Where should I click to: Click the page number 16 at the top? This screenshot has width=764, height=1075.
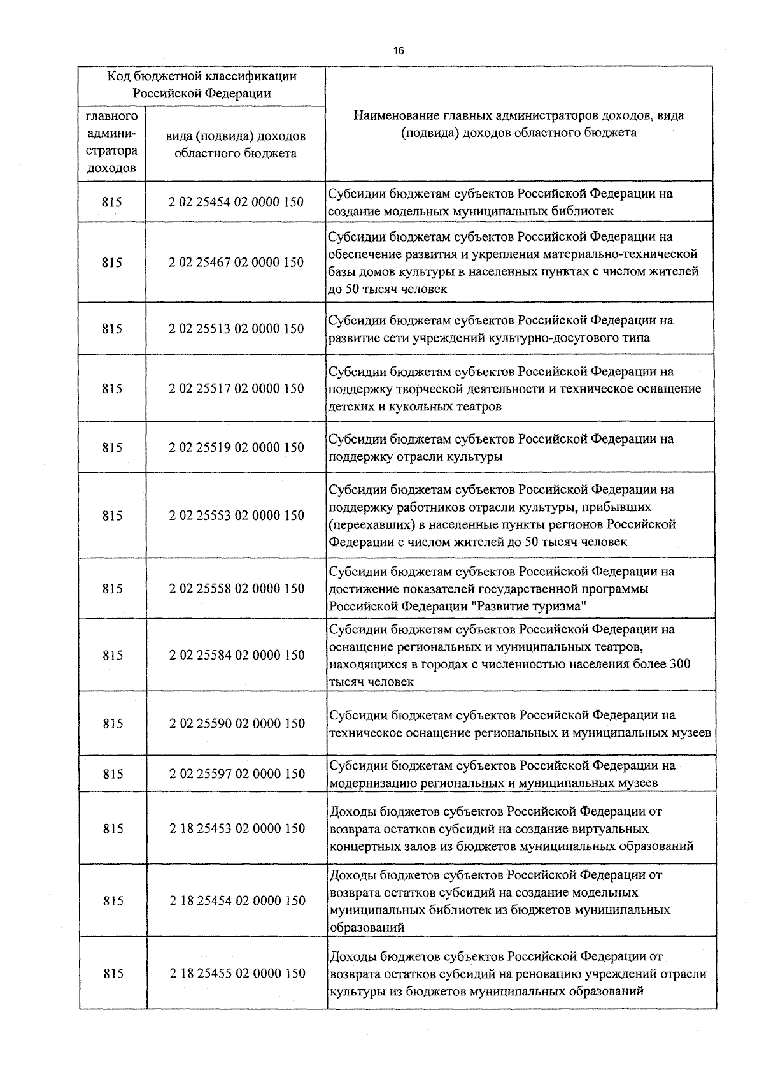click(x=399, y=51)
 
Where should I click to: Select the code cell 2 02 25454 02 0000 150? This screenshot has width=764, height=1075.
click(x=236, y=202)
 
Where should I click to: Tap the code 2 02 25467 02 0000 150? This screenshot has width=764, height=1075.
click(x=236, y=263)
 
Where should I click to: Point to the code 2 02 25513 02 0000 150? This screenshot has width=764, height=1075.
click(x=236, y=329)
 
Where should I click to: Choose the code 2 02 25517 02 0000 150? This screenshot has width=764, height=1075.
click(x=236, y=389)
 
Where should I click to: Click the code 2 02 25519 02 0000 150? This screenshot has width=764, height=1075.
click(x=236, y=447)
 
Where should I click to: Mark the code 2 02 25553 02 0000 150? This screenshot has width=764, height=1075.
click(x=236, y=516)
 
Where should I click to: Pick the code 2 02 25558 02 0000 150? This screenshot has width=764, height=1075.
click(x=236, y=589)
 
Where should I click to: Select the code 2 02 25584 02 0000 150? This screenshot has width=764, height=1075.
click(x=236, y=655)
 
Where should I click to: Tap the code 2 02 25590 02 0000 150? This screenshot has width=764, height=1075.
click(x=236, y=724)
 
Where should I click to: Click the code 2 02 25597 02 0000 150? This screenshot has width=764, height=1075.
click(x=236, y=774)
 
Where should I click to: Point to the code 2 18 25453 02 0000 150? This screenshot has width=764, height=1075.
click(x=236, y=829)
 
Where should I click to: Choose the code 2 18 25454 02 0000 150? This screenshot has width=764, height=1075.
click(x=236, y=901)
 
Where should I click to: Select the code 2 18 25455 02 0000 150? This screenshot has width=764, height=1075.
click(x=236, y=974)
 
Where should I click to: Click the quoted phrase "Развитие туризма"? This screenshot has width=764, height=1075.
click(x=528, y=607)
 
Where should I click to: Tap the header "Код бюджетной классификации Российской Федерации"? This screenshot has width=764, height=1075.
click(x=202, y=85)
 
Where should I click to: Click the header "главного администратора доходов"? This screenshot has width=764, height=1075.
click(x=112, y=143)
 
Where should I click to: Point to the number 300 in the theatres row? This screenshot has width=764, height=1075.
click(x=679, y=664)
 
